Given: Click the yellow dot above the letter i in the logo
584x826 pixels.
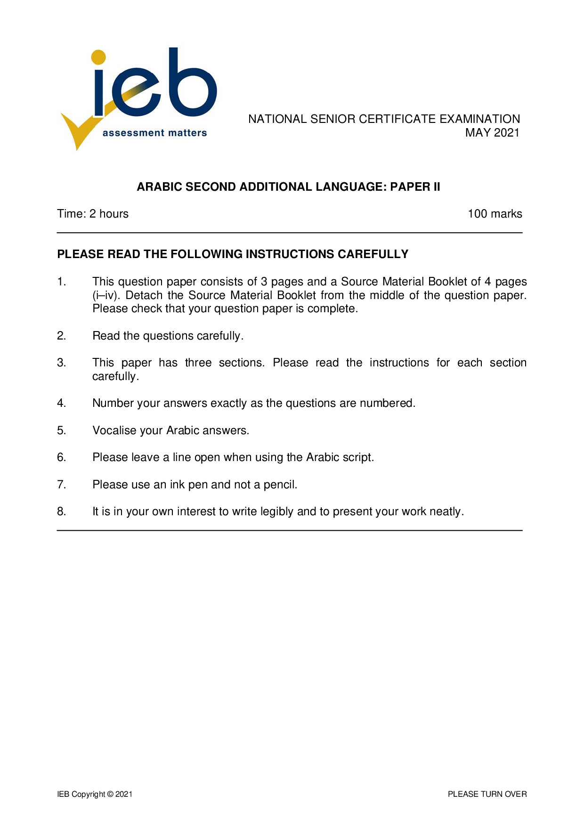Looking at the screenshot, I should (98, 57).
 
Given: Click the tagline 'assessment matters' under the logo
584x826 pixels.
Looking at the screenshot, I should (154, 133).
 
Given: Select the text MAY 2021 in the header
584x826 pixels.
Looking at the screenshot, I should (492, 133).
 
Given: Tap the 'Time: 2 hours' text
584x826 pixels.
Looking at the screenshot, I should (93, 214).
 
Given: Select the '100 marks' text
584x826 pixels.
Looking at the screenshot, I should (495, 214).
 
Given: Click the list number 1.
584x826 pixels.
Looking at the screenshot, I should (61, 282).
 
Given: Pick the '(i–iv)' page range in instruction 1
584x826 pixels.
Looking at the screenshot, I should (107, 295).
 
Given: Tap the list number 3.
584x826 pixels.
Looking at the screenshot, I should (61, 363).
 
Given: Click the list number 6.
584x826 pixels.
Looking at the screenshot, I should (61, 457).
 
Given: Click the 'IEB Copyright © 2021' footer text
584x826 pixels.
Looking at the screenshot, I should (95, 794).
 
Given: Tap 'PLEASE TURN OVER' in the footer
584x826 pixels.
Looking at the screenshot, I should (487, 794).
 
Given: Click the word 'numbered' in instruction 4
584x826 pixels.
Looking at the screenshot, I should (387, 404).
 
